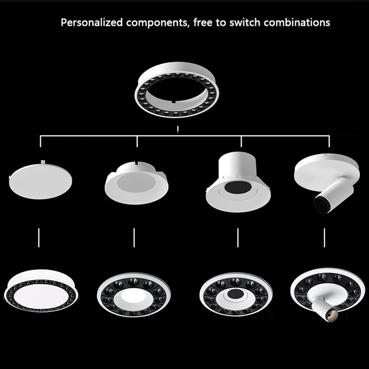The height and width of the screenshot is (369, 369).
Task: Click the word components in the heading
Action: (147, 23)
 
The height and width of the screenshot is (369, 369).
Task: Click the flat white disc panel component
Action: (40, 180)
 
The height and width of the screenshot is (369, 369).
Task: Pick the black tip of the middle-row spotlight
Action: (320, 201)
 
